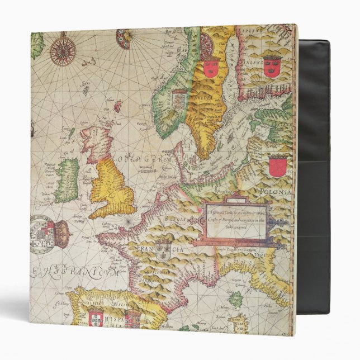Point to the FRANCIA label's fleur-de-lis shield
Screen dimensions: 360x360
pos(163,247)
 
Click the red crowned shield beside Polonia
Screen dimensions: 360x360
pos(277,165)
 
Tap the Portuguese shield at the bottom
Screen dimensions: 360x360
pos(96,318)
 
